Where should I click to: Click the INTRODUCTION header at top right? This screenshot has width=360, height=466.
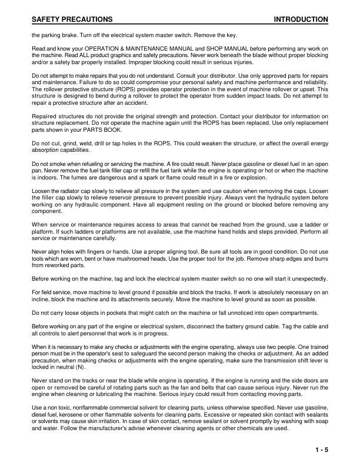coord(301,20)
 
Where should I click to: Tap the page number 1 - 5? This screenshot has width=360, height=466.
coord(321,450)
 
